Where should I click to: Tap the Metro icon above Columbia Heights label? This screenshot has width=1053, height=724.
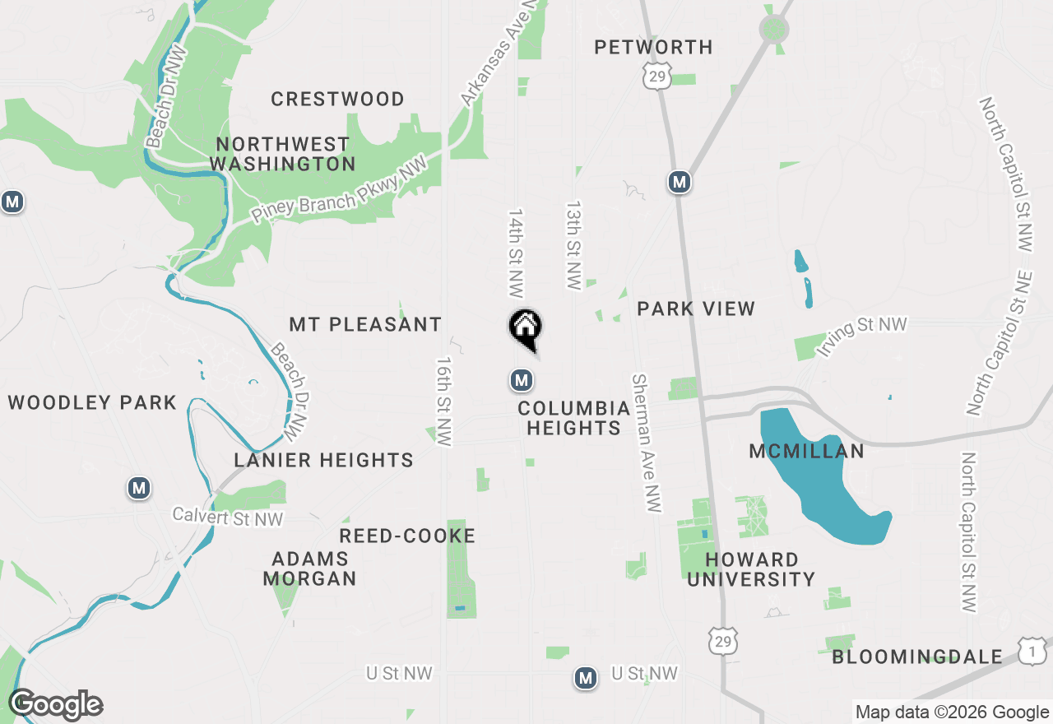(x=521, y=380)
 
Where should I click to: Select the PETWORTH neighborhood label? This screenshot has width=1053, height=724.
(x=654, y=48)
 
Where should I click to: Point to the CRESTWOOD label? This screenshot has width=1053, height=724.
(x=337, y=100)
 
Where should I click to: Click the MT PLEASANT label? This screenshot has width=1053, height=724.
(x=365, y=325)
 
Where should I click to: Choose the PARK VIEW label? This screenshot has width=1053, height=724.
(x=696, y=309)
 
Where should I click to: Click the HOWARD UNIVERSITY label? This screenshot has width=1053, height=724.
(x=751, y=569)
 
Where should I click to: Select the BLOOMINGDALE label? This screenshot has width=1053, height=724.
(x=917, y=657)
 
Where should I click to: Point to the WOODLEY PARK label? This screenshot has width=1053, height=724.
(x=92, y=402)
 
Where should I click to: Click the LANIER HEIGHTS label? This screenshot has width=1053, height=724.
(x=323, y=460)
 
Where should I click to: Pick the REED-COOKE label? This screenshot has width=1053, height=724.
(x=407, y=536)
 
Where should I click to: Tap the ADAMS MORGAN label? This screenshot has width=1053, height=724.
(x=310, y=569)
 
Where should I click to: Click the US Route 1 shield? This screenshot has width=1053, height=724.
(x=1032, y=650)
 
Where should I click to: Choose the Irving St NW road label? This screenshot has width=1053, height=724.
(x=861, y=336)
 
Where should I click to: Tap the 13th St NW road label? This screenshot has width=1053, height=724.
(x=573, y=244)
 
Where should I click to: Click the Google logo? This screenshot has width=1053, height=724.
(x=55, y=705)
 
